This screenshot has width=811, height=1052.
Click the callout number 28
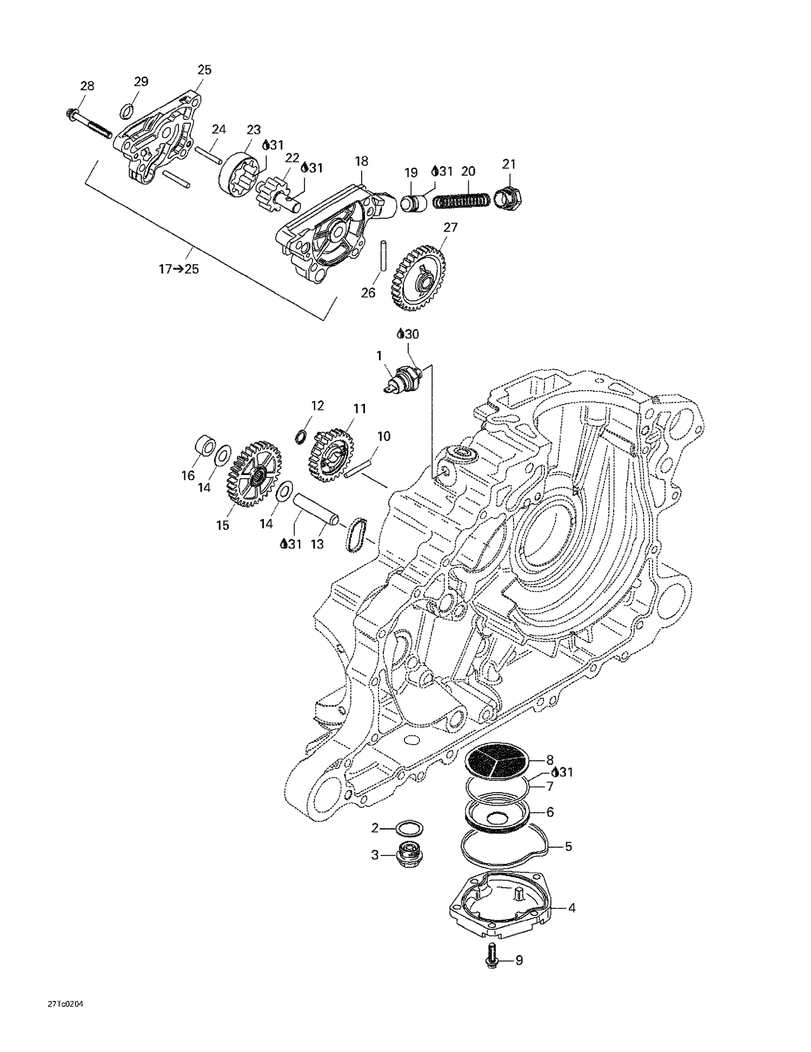point(87,86)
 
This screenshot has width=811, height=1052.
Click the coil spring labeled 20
point(463,200)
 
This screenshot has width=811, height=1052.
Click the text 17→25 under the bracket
point(178,269)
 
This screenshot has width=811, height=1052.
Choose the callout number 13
point(317,544)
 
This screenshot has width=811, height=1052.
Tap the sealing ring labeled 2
point(409,828)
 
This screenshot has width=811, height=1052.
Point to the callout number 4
point(571,908)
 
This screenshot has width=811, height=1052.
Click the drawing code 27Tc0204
point(65,1004)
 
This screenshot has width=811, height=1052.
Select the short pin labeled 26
point(383,256)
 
